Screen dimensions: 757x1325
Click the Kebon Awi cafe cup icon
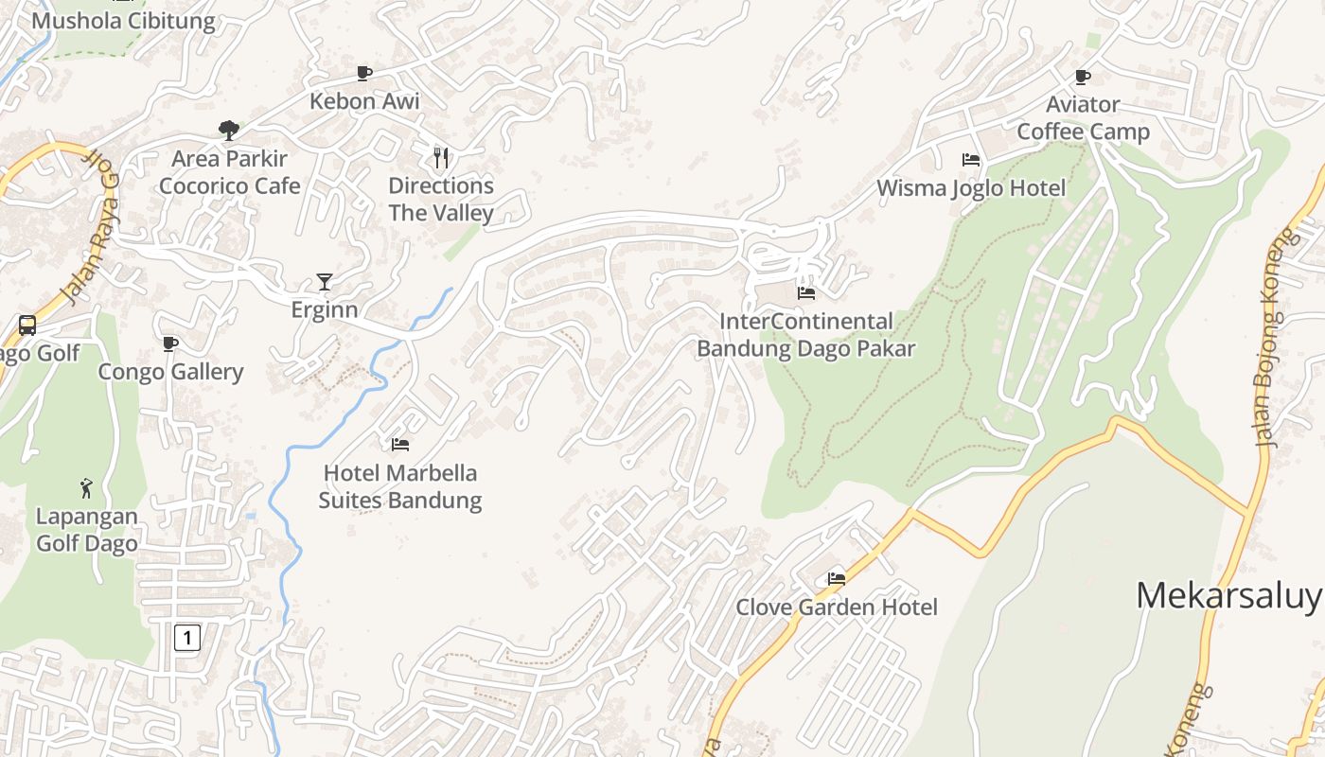pyautogui.click(x=363, y=73)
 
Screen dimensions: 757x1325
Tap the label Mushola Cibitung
pyautogui.click(x=123, y=21)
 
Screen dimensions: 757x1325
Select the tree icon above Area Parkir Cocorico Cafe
pyautogui.click(x=228, y=130)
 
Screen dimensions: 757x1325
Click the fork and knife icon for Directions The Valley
pyautogui.click(x=440, y=157)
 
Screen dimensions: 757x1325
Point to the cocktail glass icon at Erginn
pyautogui.click(x=325, y=282)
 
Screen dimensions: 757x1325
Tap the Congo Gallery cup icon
pyautogui.click(x=170, y=343)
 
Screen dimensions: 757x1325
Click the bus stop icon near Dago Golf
pyautogui.click(x=27, y=326)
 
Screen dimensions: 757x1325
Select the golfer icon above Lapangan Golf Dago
pyautogui.click(x=86, y=488)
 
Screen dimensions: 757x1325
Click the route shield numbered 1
pyautogui.click(x=187, y=637)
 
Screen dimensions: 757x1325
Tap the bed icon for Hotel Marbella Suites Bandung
pyautogui.click(x=400, y=444)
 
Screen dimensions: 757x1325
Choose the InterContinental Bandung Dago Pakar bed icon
pyautogui.click(x=806, y=293)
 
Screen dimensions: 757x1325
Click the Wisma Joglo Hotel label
pyautogui.click(x=971, y=188)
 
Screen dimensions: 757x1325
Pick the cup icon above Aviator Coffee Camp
pyautogui.click(x=1083, y=77)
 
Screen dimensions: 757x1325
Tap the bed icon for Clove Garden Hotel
pyautogui.click(x=837, y=578)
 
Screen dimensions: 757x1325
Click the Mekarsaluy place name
pyautogui.click(x=1228, y=596)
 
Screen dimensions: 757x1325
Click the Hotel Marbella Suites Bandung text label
pyautogui.click(x=399, y=486)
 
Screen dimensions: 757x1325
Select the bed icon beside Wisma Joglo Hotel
pyautogui.click(x=971, y=159)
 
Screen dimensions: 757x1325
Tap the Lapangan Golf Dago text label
pyautogui.click(x=86, y=530)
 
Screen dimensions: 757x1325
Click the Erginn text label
pyautogui.click(x=324, y=310)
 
